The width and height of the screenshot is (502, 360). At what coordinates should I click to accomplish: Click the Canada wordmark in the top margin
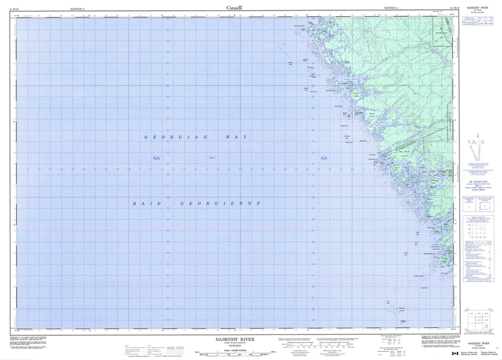[x=234, y=7]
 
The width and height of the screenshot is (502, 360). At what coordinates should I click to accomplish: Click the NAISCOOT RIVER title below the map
[x=233, y=338]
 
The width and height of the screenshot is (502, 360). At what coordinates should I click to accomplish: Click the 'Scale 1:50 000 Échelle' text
[x=233, y=349]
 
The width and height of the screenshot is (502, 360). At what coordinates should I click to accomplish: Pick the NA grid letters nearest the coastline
[x=323, y=158]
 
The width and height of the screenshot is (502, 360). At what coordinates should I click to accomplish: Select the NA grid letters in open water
[x=156, y=158]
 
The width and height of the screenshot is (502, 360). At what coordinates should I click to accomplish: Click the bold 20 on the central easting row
[x=240, y=169]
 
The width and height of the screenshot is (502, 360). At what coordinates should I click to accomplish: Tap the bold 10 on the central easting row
[x=128, y=169]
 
